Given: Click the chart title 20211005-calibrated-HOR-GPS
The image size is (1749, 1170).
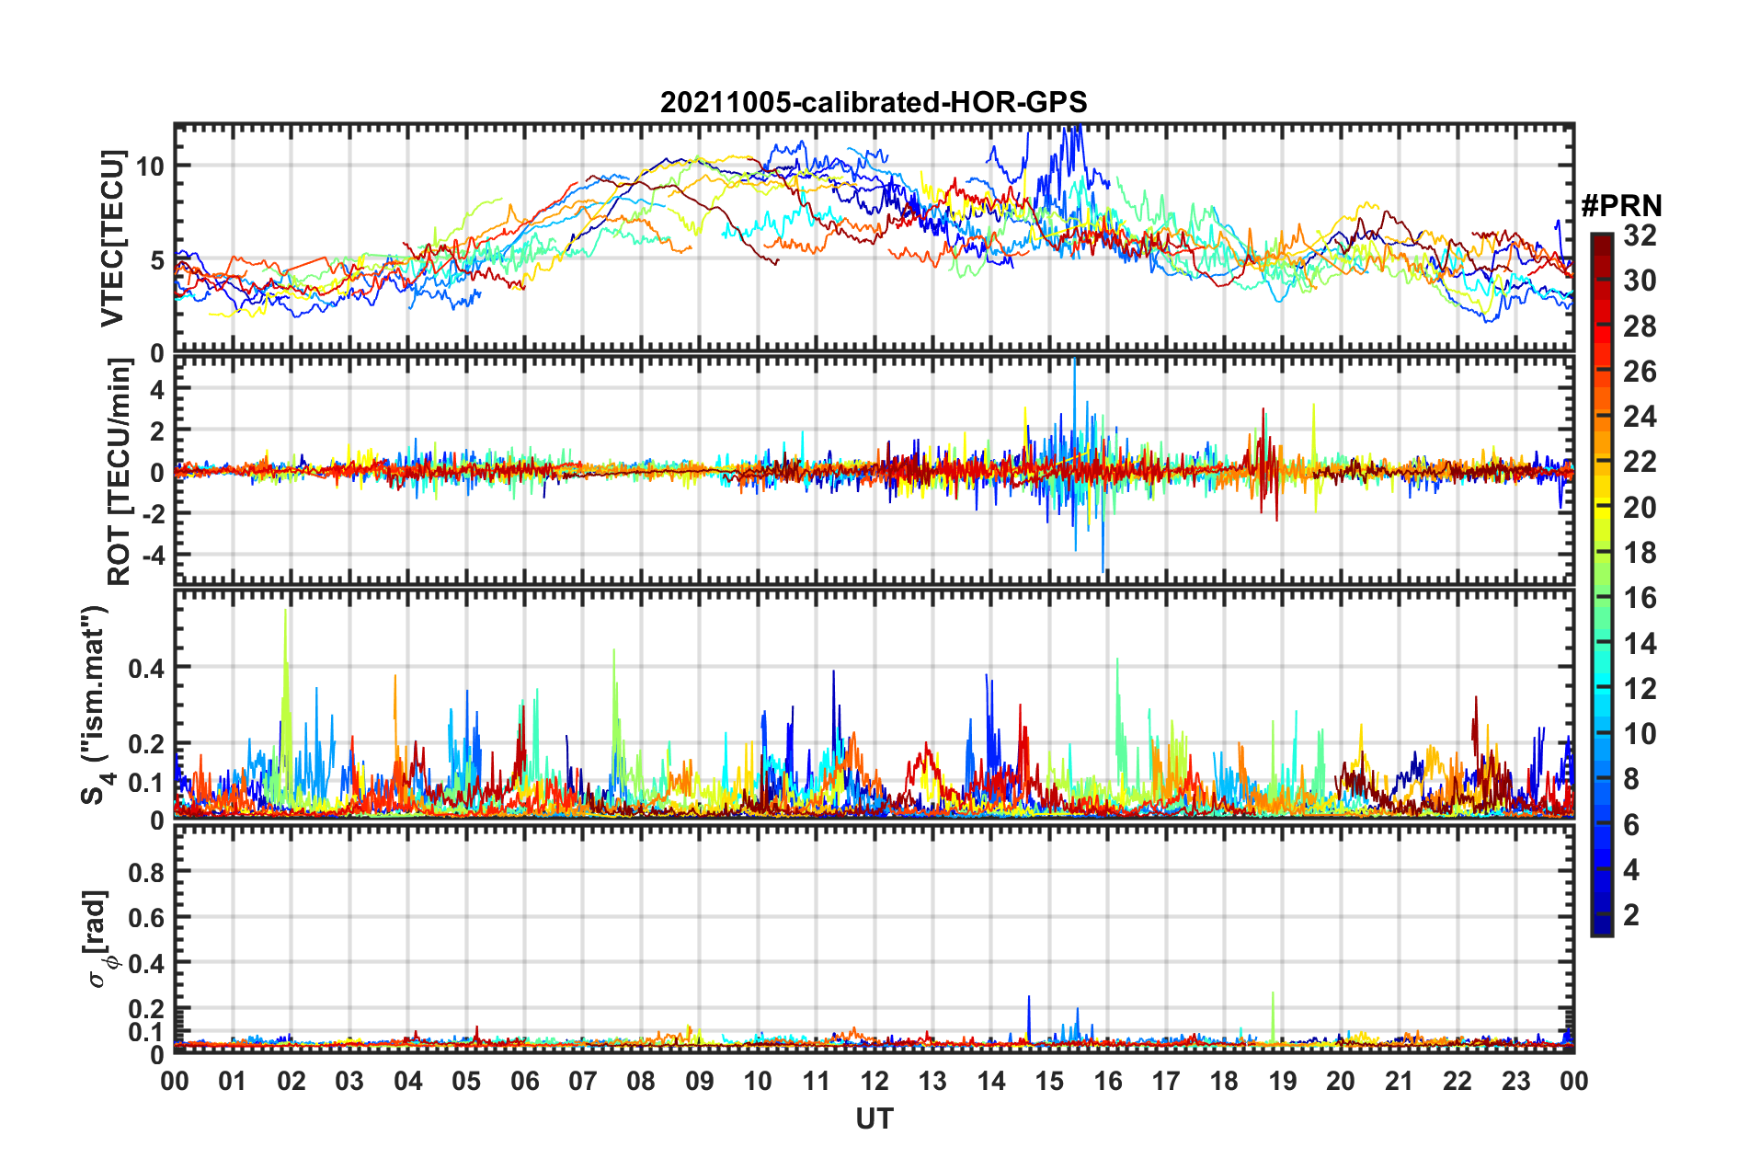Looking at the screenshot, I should [x=873, y=102].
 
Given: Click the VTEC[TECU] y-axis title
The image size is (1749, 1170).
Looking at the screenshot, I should [x=112, y=239].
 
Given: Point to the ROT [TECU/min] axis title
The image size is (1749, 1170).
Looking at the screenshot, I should [x=120, y=472].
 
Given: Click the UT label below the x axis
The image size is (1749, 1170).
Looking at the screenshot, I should [x=874, y=1118].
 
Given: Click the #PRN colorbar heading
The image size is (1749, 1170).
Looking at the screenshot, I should [x=1620, y=206].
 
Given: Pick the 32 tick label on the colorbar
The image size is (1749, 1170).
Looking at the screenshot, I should [x=1640, y=235].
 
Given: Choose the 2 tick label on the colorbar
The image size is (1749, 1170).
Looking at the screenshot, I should [x=1631, y=914].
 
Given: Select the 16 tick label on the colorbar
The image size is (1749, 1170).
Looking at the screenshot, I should [x=1640, y=598].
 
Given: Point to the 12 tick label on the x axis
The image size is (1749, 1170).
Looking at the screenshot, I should [x=874, y=1081].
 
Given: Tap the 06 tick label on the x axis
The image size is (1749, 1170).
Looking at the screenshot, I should [x=524, y=1081].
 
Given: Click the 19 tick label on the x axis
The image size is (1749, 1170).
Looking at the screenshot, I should [x=1282, y=1081].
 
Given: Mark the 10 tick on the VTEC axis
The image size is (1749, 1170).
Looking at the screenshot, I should [x=150, y=166].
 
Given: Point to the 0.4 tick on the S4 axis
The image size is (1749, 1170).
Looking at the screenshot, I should [x=147, y=668].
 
